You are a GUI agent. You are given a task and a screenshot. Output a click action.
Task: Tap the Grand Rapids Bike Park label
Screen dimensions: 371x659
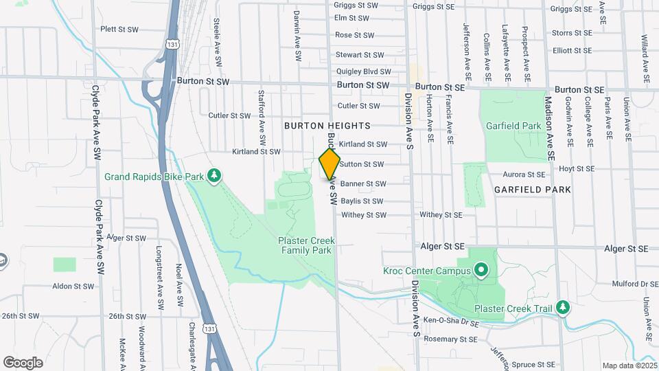[x=154, y=177]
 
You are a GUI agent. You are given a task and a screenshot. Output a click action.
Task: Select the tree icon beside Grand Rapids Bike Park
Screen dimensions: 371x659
[x=215, y=176]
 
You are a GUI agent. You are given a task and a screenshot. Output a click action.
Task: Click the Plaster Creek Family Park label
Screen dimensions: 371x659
[x=305, y=245]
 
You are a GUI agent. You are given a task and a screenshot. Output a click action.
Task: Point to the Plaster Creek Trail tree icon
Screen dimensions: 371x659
[x=563, y=306]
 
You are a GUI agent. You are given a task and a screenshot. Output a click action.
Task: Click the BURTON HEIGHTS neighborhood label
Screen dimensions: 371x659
[x=327, y=126]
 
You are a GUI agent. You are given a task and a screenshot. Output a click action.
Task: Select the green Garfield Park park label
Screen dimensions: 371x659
[x=513, y=126]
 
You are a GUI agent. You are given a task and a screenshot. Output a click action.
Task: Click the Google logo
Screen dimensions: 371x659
[x=23, y=362]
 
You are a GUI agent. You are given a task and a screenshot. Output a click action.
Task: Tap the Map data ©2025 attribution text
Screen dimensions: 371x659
[x=628, y=366]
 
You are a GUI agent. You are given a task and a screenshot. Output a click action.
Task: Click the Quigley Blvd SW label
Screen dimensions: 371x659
[x=362, y=71]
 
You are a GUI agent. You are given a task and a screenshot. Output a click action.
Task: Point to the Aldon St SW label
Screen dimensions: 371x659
[x=71, y=285]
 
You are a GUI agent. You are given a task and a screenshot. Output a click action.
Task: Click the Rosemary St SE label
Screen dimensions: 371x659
[x=449, y=339]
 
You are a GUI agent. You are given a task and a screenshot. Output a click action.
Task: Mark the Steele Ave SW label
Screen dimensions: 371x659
[x=217, y=41]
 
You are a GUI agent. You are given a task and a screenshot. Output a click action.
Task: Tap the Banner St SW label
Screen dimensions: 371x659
[x=363, y=184]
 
